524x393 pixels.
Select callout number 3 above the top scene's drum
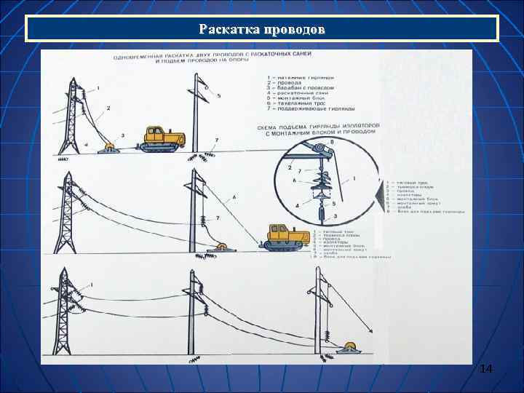pos(122,135)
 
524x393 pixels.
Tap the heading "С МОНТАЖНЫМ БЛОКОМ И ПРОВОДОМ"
pos(319,133)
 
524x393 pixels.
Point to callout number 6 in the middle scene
pos(234,197)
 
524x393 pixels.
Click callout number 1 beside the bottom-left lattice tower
pos(92,283)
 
